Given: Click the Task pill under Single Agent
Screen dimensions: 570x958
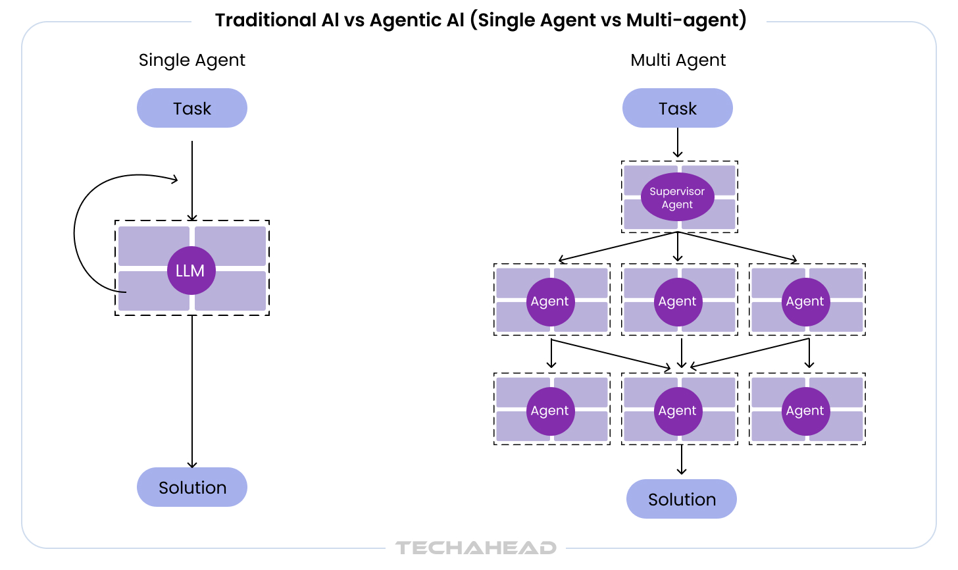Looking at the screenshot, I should click(191, 108).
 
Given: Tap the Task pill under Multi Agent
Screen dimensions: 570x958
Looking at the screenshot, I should click(677, 108).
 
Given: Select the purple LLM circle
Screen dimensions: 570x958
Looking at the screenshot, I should click(191, 271).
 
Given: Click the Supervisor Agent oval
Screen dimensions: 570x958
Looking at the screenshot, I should click(677, 197).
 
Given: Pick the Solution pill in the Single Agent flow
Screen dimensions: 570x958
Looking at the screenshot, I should click(191, 487).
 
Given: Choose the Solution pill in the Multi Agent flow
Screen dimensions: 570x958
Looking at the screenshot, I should click(681, 499).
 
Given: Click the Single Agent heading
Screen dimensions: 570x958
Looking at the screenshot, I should click(191, 60).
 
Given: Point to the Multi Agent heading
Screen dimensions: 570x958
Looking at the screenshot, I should click(678, 60).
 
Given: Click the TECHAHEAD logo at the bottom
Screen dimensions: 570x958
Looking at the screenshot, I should click(476, 548).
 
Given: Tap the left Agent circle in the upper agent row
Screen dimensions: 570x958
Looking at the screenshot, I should click(551, 301).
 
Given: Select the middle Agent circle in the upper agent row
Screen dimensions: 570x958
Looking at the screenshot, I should click(678, 301).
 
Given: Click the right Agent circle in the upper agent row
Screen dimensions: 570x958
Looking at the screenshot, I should click(805, 301).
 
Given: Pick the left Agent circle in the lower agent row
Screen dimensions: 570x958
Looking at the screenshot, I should click(551, 411).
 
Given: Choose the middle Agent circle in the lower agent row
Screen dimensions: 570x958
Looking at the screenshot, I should click(678, 411).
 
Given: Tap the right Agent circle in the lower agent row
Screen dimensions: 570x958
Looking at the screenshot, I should click(805, 411).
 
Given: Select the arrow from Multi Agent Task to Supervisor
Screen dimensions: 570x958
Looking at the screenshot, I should click(678, 143).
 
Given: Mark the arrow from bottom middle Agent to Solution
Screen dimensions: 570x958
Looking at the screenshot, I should click(682, 459).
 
